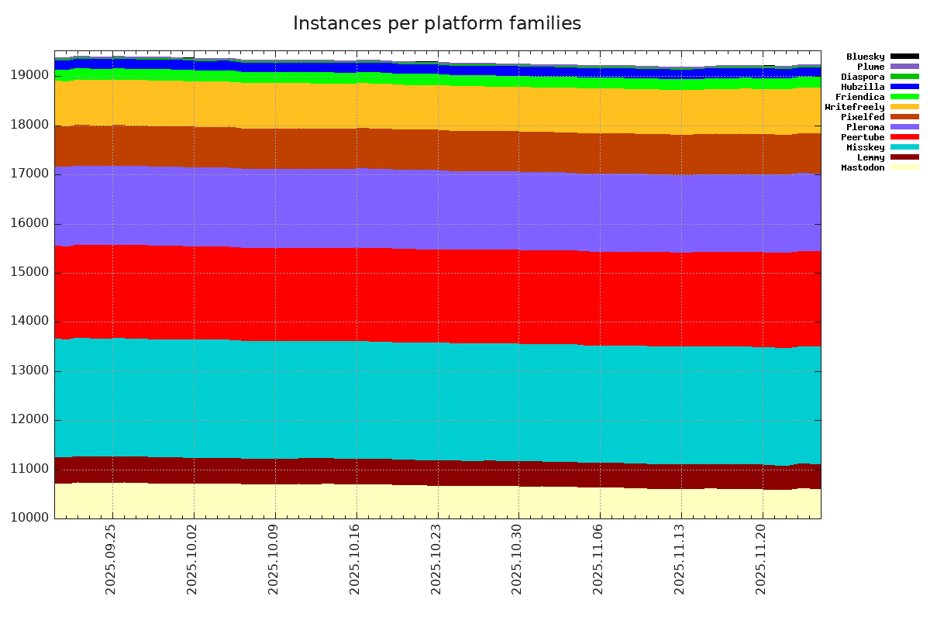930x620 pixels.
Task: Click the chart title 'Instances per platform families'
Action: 437,24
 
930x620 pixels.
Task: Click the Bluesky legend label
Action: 865,57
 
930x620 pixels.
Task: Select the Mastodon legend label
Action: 863,167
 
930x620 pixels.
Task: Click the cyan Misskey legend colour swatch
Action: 904,147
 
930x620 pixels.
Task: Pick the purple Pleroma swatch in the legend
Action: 904,127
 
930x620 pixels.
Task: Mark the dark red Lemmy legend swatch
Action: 904,157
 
